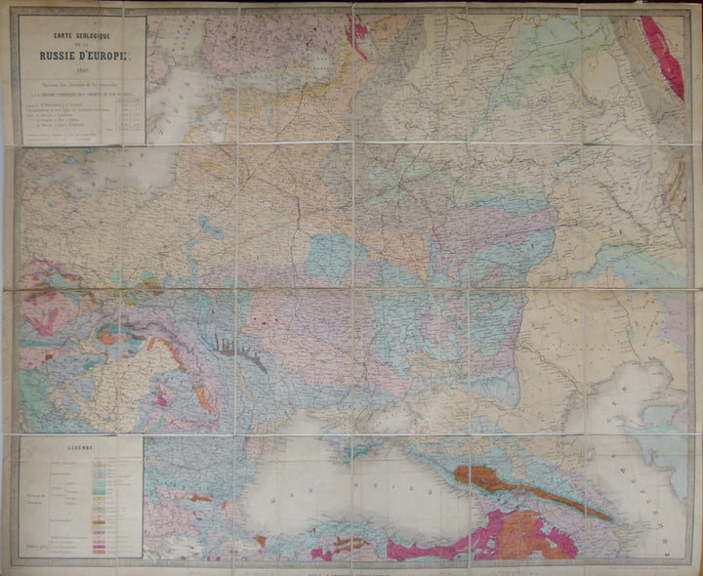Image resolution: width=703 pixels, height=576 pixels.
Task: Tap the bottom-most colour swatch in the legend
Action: click(100, 554)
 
